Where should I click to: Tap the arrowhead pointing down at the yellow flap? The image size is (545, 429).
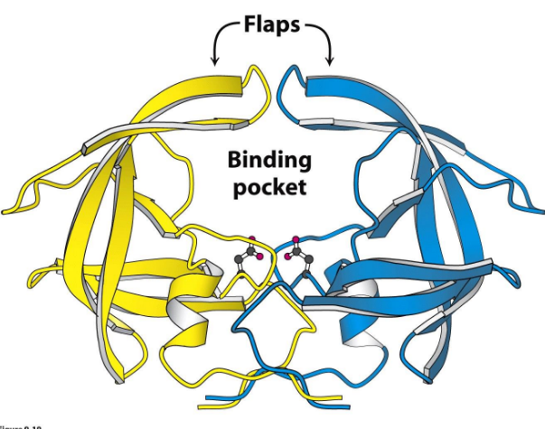(x=215, y=61)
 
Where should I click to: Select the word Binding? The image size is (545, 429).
(x=268, y=162)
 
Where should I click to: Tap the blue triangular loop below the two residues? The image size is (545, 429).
(x=271, y=321)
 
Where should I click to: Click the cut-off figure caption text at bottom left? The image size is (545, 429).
(x=18, y=424)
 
